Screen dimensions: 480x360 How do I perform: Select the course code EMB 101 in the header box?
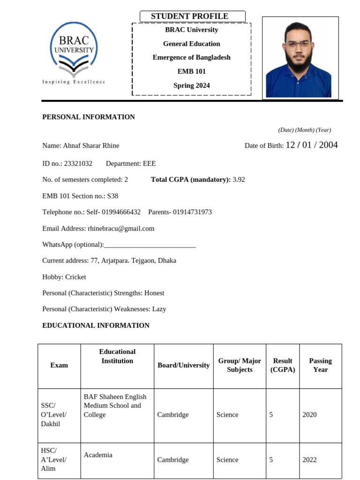[191, 72]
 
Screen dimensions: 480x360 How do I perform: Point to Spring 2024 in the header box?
[191, 85]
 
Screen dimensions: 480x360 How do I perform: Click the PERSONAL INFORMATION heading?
[89, 117]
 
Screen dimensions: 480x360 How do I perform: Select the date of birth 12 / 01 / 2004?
[312, 145]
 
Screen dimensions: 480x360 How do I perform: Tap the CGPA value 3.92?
[239, 180]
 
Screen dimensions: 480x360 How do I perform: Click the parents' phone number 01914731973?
[192, 212]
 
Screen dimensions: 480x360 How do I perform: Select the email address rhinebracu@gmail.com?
[121, 229]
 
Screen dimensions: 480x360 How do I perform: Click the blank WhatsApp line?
[150, 245]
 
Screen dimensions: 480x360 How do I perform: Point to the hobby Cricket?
[75, 277]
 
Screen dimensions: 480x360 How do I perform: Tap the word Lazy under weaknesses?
[159, 309]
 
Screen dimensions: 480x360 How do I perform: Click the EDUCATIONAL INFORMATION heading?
[96, 325]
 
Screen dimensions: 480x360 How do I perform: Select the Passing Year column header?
[320, 365]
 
